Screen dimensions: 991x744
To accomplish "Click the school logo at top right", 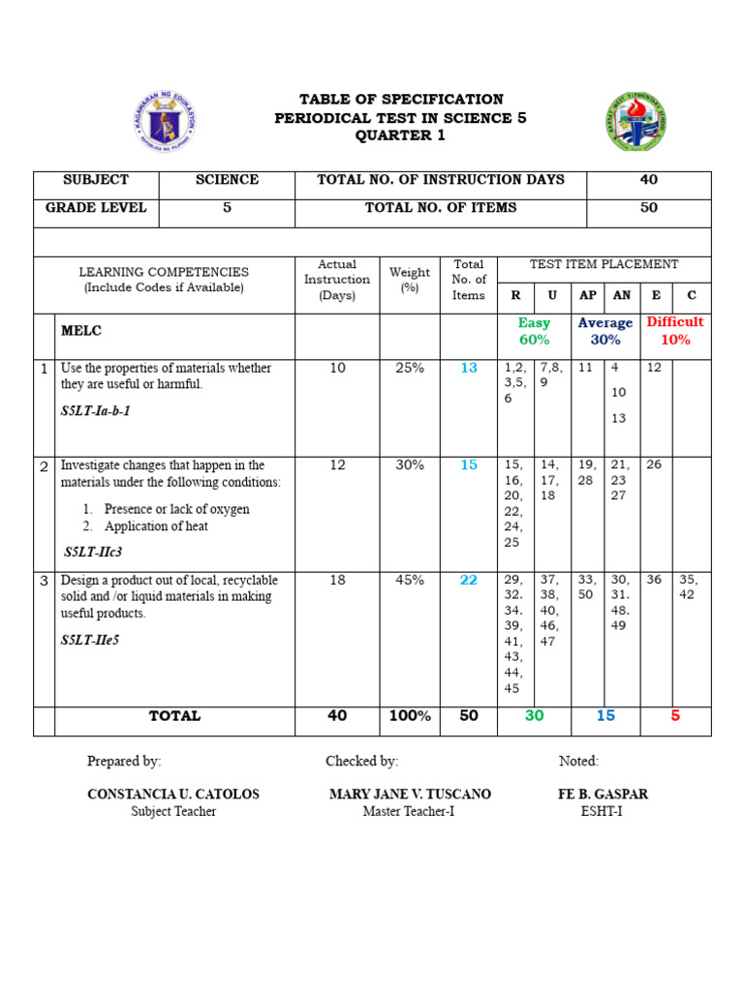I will pyautogui.click(x=635, y=122).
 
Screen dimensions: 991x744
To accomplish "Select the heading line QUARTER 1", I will pyautogui.click(x=401, y=135).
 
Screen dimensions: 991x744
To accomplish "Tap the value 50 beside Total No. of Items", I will pyautogui.click(x=648, y=207).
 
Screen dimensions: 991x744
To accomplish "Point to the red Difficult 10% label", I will pyautogui.click(x=675, y=331).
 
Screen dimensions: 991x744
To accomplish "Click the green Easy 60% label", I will pyautogui.click(x=534, y=331).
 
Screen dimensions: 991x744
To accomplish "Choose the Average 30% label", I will pyautogui.click(x=605, y=331).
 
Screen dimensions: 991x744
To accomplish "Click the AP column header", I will pyautogui.click(x=588, y=296).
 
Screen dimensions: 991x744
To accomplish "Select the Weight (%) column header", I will pyautogui.click(x=409, y=280).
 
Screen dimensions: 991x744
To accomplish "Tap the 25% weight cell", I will pyautogui.click(x=409, y=369).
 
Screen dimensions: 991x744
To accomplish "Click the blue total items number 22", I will pyautogui.click(x=469, y=580).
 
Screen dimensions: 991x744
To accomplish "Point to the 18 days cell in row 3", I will pyautogui.click(x=337, y=580).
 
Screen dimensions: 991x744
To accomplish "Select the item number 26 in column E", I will pyautogui.click(x=655, y=465).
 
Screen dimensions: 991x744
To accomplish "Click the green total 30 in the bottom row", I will pyautogui.click(x=534, y=716).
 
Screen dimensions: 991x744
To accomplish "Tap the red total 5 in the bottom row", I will pyautogui.click(x=675, y=716).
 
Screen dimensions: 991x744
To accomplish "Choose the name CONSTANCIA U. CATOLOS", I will pyautogui.click(x=173, y=795).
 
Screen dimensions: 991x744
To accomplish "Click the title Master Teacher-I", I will pyautogui.click(x=408, y=812).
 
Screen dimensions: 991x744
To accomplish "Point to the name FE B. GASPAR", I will pyautogui.click(x=603, y=795).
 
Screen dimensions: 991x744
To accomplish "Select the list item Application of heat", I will pyautogui.click(x=157, y=526).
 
